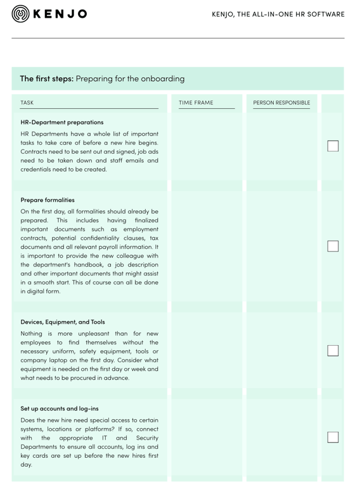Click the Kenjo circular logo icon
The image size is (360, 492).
(x=20, y=13)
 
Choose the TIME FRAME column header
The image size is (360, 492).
(x=196, y=103)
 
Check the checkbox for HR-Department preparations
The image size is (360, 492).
(x=333, y=146)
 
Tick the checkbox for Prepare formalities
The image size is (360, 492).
(x=333, y=246)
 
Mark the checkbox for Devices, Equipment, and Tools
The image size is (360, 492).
(x=333, y=350)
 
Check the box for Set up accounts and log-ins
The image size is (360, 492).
(x=333, y=437)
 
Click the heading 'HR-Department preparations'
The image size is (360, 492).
(x=62, y=122)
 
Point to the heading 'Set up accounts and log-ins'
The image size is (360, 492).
(x=60, y=408)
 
